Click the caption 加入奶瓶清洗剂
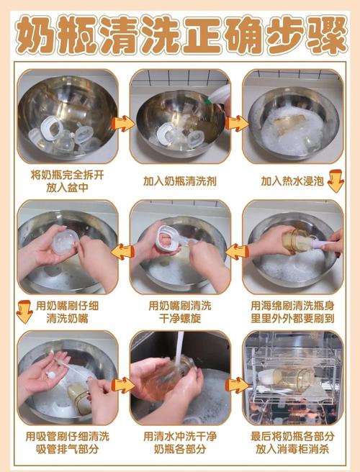click(180, 181)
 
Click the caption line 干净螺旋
click(180, 318)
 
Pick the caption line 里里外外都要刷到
click(294, 318)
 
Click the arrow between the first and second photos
click(124, 122)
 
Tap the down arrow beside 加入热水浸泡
click(335, 181)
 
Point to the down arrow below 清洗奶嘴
click(24, 312)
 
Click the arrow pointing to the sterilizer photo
click(235, 385)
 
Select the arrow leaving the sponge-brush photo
click(235, 251)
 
